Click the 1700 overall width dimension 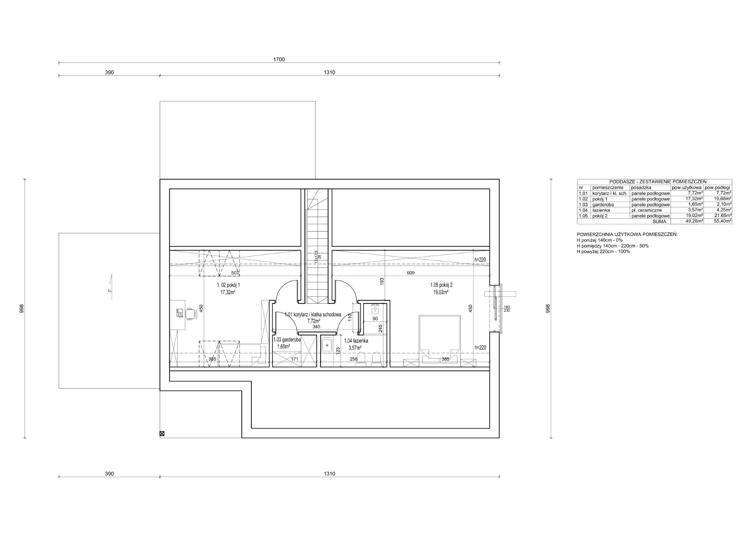coord(279,59)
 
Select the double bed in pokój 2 coord(440,340)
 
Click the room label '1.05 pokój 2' coord(441,285)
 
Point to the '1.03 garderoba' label coord(287,340)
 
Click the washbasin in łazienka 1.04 coord(327,345)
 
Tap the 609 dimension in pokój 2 coord(411,273)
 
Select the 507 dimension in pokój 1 coord(235,273)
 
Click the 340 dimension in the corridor coord(316,327)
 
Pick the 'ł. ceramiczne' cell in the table coord(647,210)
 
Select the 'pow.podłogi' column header coord(717,187)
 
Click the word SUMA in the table coord(659,221)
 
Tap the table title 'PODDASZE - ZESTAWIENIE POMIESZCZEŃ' coord(654,182)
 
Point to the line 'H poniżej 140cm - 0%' coord(600,240)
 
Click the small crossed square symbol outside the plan coord(162,434)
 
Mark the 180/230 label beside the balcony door coord(507,309)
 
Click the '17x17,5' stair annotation coord(316,257)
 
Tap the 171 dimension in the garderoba coord(295,359)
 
